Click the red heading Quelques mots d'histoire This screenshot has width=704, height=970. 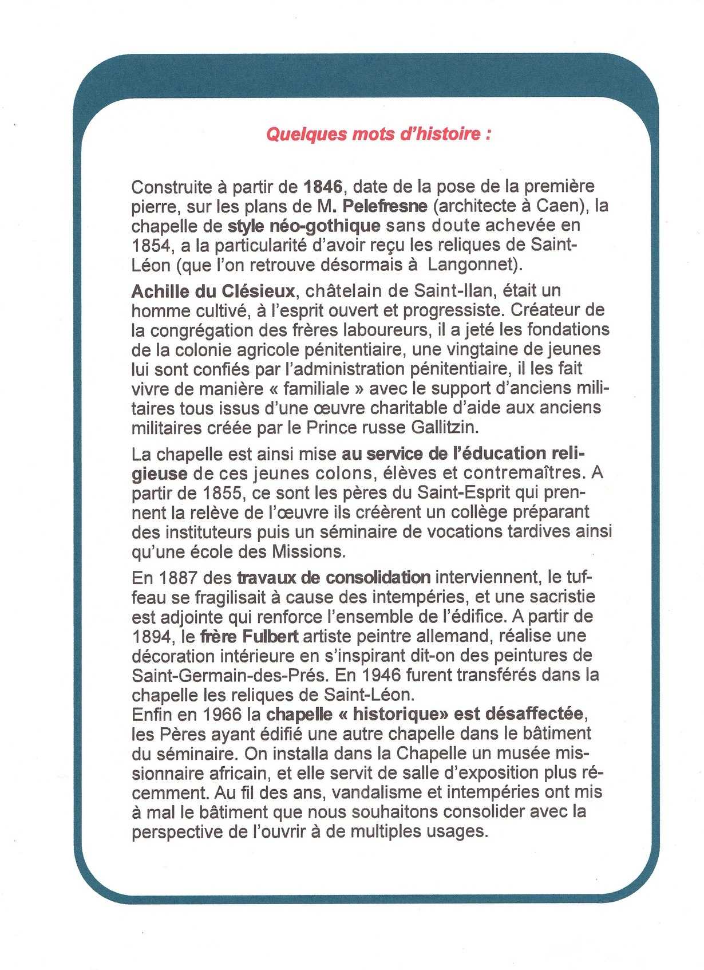(x=378, y=134)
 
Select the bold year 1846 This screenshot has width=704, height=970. (x=323, y=186)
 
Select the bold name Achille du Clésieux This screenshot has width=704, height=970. (x=213, y=291)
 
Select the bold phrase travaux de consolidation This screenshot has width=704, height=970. (x=333, y=577)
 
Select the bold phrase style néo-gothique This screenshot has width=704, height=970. (x=304, y=226)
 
